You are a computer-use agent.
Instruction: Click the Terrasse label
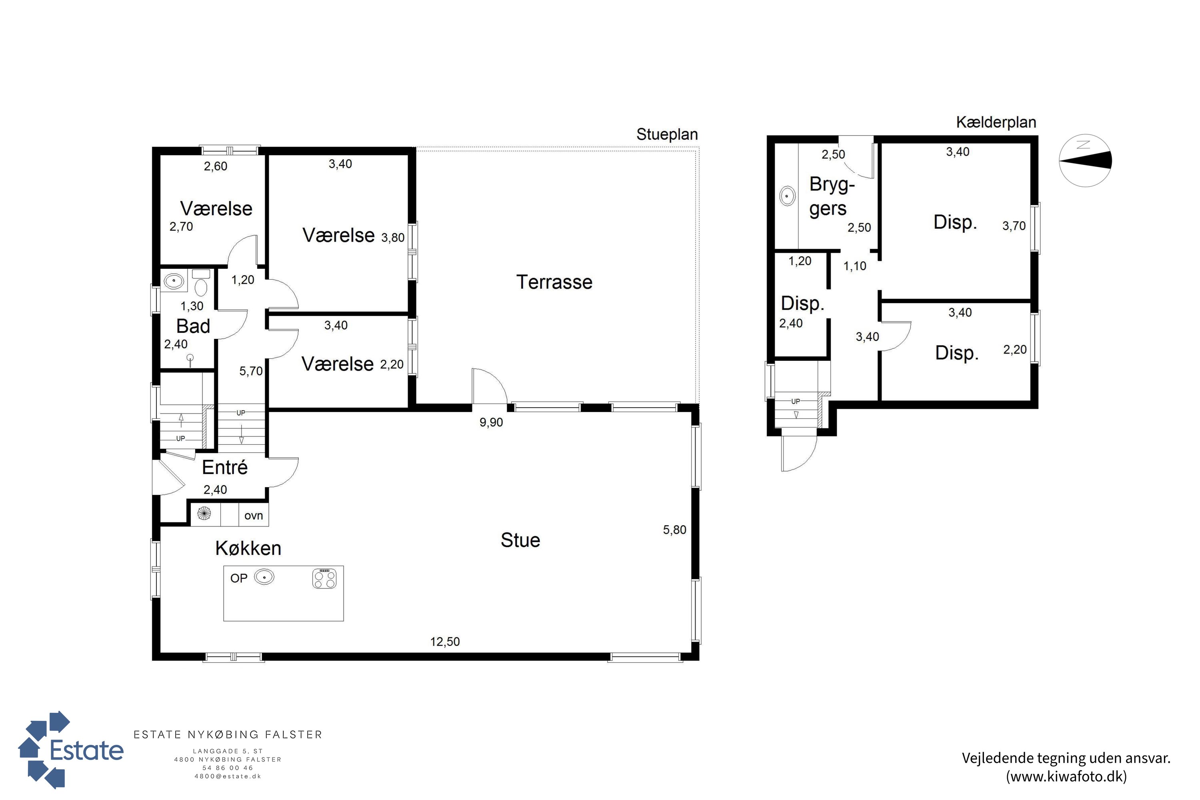click(554, 282)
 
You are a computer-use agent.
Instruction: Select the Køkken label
click(248, 548)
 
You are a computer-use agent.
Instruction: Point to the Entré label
click(224, 467)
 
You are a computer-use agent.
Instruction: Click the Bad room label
click(193, 326)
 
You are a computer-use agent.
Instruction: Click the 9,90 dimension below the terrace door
click(491, 422)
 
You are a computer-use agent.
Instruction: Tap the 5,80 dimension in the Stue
click(674, 530)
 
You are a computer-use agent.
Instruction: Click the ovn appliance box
click(254, 515)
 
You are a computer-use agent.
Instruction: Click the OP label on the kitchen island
click(239, 578)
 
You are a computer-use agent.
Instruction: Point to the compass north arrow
click(1085, 160)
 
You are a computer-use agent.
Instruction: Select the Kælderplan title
click(996, 122)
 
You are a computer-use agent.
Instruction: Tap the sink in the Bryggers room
click(788, 196)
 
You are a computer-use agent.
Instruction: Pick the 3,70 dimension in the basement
click(1014, 226)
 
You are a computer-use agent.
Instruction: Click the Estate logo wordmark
click(87, 750)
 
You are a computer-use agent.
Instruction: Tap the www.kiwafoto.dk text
click(1066, 776)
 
